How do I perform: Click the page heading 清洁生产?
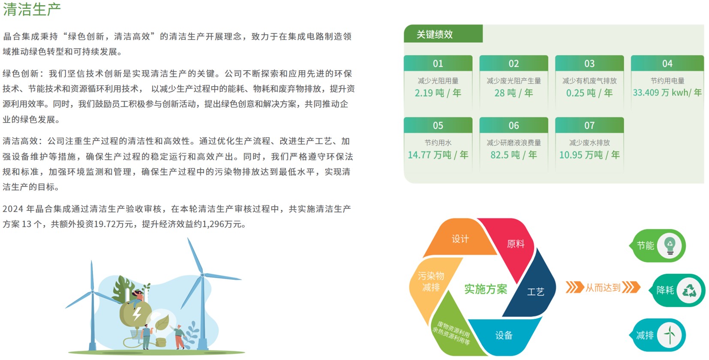click(x=32, y=9)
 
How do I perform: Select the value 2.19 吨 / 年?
click(x=438, y=93)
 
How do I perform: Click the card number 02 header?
click(x=514, y=63)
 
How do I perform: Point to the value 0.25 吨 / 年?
click(x=589, y=93)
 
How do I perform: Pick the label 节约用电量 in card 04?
click(x=667, y=81)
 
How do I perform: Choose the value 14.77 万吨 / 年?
click(x=438, y=155)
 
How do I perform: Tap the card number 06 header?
click(x=514, y=125)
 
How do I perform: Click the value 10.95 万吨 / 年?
click(x=589, y=155)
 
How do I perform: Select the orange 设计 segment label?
click(x=460, y=239)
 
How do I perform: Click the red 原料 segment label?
click(x=516, y=244)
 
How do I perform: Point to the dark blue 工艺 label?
click(x=535, y=292)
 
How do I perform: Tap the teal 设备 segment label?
click(x=504, y=335)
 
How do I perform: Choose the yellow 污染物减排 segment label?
click(x=431, y=282)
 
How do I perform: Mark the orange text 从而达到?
click(x=603, y=288)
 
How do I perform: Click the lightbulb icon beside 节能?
click(x=670, y=246)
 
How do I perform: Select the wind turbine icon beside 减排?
click(x=670, y=335)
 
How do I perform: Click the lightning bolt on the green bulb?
click(x=137, y=313)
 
